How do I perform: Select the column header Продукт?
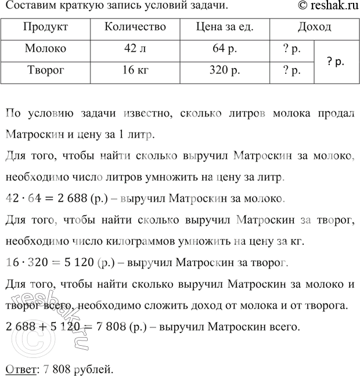coord(46,28)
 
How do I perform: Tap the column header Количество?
coord(135,28)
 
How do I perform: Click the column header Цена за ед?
coord(224,28)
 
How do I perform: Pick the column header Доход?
coord(314,28)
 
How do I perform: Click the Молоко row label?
coord(46,49)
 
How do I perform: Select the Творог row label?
coord(46,71)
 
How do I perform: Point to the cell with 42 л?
coord(135,49)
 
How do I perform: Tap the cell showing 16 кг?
coord(135,71)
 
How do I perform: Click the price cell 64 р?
coord(224,49)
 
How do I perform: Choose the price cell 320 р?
coord(224,71)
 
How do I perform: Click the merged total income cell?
coord(336,60)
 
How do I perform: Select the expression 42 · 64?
coord(21,199)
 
